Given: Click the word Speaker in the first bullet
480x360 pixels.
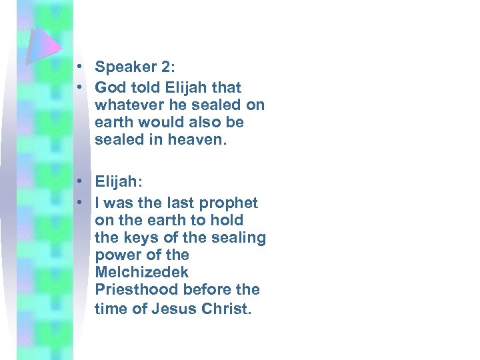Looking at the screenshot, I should tap(123, 67).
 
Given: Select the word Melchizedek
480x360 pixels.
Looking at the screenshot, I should tap(142, 272).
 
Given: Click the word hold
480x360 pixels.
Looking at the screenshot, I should tap(228, 220).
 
